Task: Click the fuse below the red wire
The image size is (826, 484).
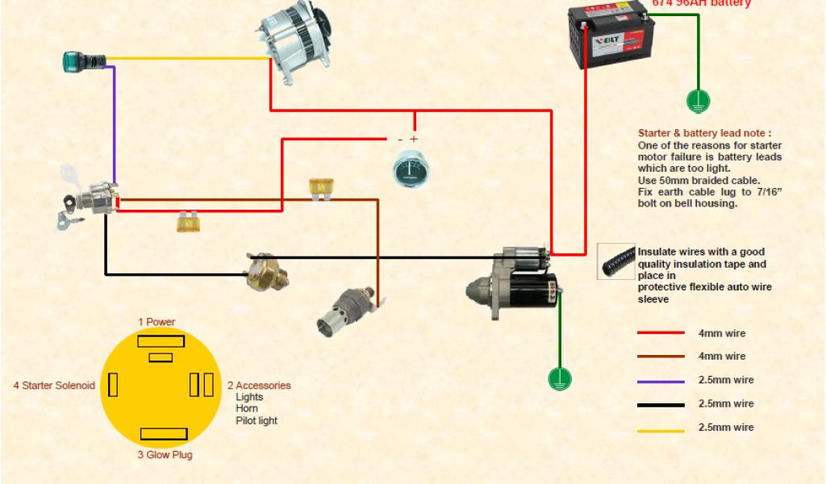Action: click(190, 222)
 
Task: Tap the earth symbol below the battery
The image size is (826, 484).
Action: click(697, 101)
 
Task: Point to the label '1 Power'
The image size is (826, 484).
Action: click(156, 322)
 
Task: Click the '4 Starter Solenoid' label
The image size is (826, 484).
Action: click(54, 386)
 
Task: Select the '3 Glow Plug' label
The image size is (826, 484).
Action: click(165, 454)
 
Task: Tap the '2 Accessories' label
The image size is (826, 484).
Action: click(259, 386)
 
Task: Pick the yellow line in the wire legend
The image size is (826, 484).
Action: click(661, 430)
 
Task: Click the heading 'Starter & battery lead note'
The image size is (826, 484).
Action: click(704, 133)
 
